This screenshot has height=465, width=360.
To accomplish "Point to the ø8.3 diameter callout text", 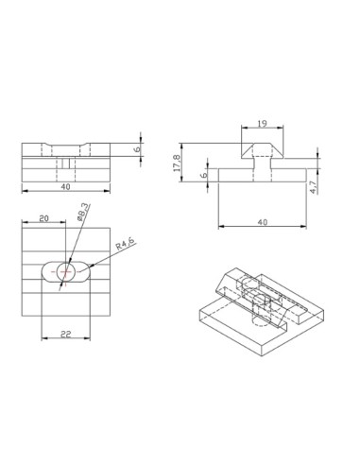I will [x=83, y=214].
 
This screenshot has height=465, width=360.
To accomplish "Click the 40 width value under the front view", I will [x=64, y=188].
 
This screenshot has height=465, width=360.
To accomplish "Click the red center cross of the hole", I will [x=64, y=272].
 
